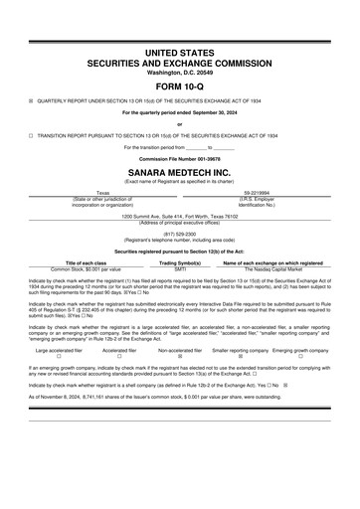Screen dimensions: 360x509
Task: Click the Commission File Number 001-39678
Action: [179, 157]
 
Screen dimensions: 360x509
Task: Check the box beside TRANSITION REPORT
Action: [32, 133]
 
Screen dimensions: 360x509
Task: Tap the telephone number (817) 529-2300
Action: [179, 235]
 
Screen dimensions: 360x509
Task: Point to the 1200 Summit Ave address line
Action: [179, 215]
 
